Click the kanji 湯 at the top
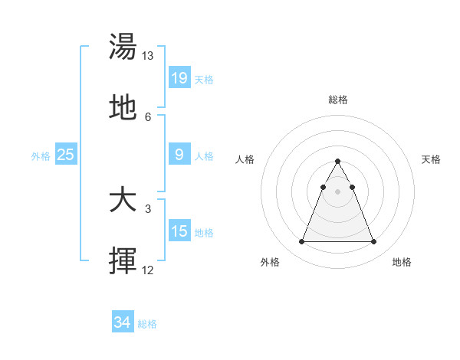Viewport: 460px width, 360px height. (x=123, y=47)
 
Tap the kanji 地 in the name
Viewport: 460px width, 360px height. (x=123, y=108)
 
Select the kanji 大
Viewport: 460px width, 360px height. (x=123, y=201)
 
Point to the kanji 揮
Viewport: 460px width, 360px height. (x=123, y=261)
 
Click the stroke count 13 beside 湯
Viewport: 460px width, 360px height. (x=148, y=56)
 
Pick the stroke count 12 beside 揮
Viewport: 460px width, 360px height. (x=148, y=270)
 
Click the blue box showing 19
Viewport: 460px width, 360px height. (x=179, y=77)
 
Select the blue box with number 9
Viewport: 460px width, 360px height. (x=179, y=155)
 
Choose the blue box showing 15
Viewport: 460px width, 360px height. (x=179, y=231)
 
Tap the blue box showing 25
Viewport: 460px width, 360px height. (x=66, y=155)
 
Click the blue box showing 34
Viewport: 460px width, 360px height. (x=123, y=322)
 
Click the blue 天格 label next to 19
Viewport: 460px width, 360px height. (x=204, y=79)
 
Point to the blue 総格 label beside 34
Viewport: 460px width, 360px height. (x=147, y=324)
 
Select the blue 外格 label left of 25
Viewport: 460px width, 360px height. (x=41, y=156)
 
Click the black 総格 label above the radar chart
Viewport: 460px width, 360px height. (x=337, y=100)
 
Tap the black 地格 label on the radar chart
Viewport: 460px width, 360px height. (x=402, y=262)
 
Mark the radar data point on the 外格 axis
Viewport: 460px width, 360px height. (x=301, y=242)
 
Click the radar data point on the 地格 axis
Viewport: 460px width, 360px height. (x=373, y=242)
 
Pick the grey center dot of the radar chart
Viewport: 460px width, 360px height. (x=337, y=191)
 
